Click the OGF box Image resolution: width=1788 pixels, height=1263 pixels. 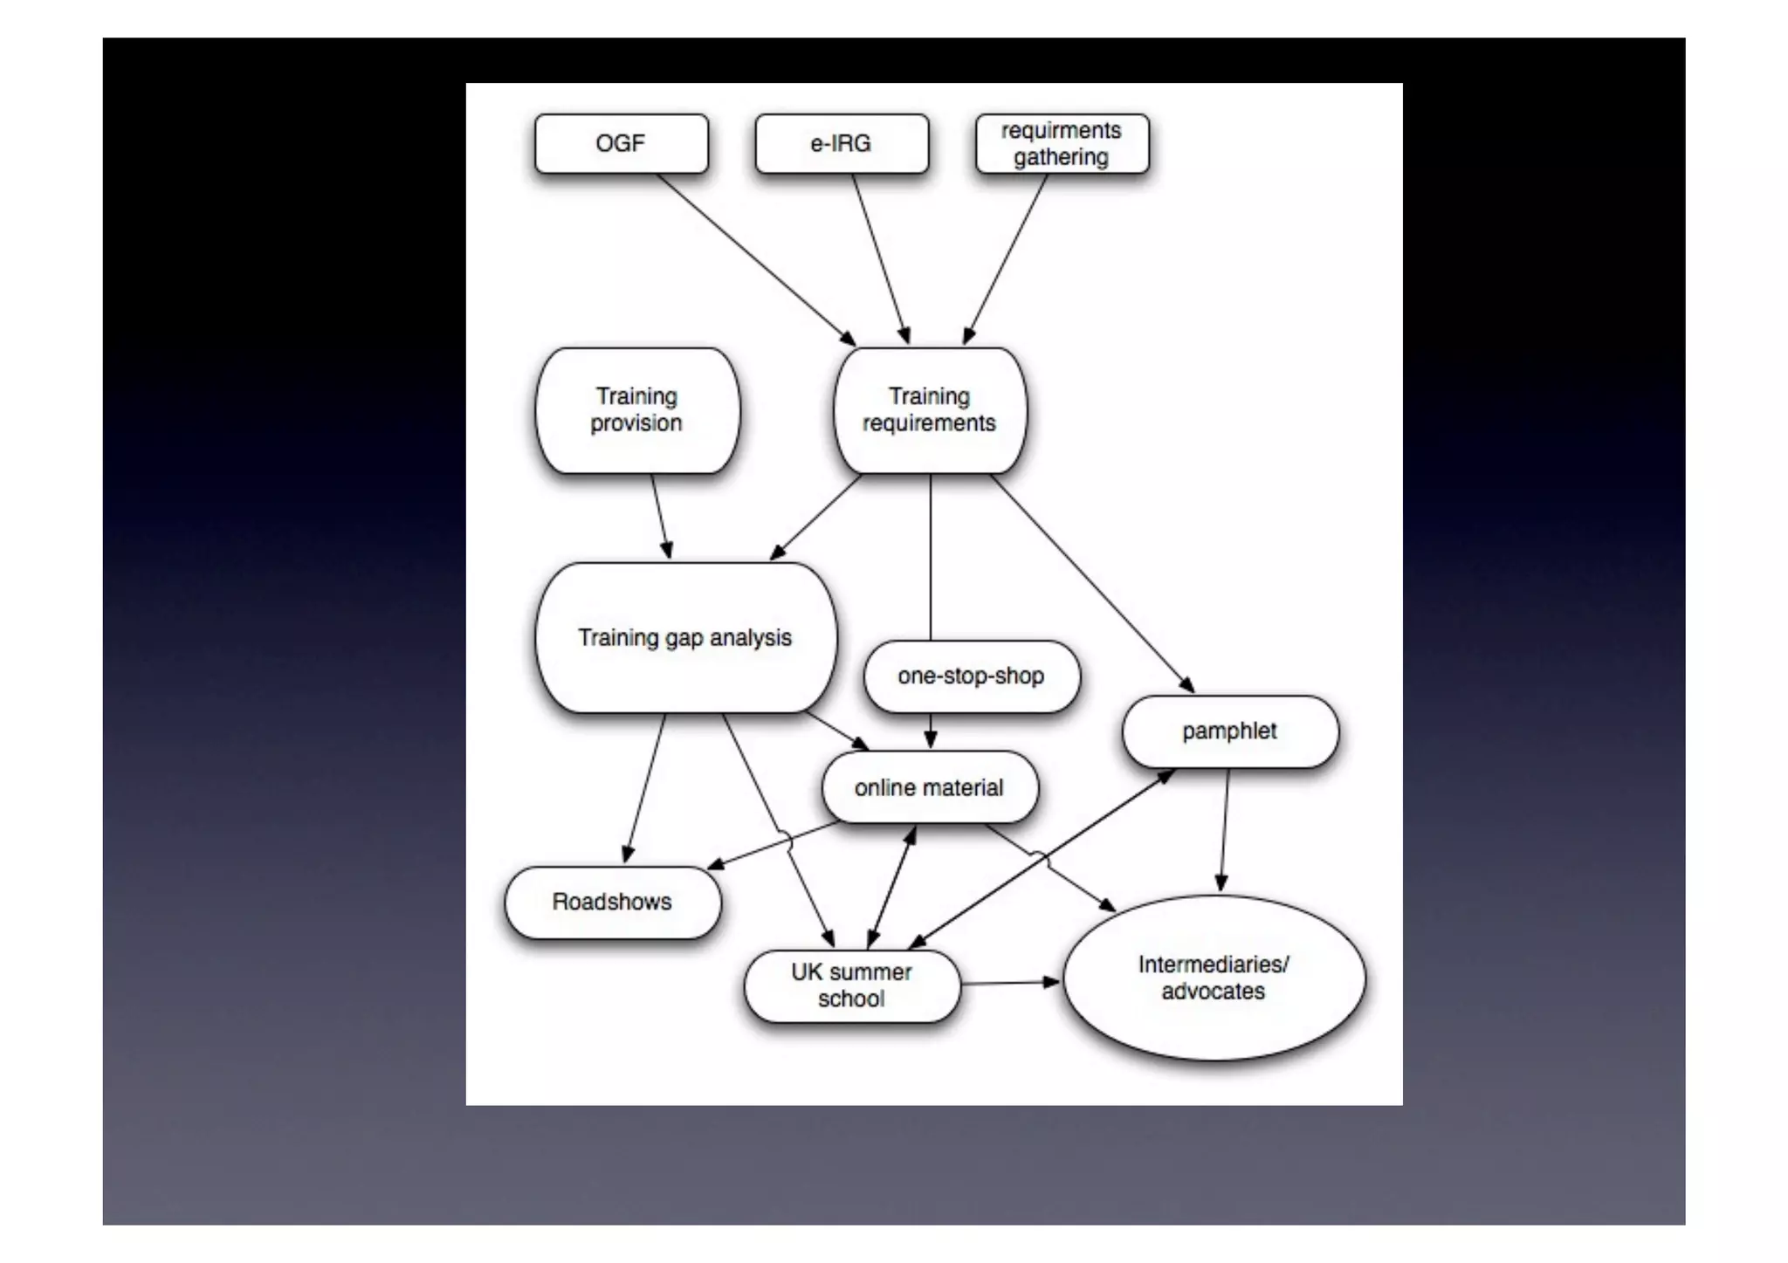(x=621, y=143)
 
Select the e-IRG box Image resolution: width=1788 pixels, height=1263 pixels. (x=841, y=143)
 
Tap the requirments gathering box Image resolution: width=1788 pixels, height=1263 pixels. (x=1062, y=143)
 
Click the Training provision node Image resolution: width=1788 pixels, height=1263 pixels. (x=636, y=410)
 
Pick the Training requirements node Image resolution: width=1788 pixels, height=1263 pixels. (x=930, y=410)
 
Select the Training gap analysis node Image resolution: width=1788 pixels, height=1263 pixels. (x=685, y=638)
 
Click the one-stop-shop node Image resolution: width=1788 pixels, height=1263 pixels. (x=971, y=676)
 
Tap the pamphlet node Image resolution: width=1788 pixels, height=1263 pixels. (x=1229, y=731)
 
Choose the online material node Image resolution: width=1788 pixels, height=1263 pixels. (x=930, y=787)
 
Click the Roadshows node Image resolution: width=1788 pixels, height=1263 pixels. (x=612, y=902)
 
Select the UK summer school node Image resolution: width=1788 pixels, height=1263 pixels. (x=851, y=985)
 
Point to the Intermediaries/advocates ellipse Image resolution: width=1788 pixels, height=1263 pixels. (x=1214, y=978)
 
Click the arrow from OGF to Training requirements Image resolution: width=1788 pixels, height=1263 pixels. (x=755, y=259)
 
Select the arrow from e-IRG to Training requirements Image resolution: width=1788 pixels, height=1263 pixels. (x=881, y=259)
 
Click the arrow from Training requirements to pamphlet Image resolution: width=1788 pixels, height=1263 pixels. (x=1091, y=583)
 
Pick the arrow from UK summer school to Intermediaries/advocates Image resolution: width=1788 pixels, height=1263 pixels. (x=1010, y=983)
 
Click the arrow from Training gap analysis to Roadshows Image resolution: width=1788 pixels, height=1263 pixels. (x=645, y=788)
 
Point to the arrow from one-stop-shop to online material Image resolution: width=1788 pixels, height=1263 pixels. (x=931, y=731)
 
